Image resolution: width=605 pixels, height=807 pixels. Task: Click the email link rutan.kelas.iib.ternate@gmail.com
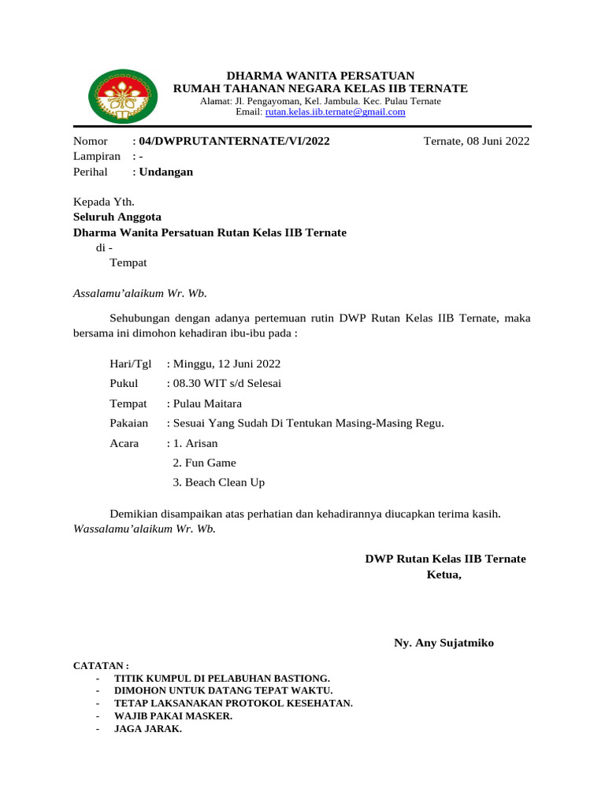(335, 112)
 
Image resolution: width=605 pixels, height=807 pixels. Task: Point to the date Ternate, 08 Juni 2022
(476, 141)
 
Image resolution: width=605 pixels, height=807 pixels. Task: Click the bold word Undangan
(165, 171)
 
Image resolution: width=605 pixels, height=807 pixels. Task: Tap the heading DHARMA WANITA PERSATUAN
(320, 75)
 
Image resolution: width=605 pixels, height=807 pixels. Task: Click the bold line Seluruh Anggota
(117, 217)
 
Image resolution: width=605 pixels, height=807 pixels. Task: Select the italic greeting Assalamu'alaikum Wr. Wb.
(139, 292)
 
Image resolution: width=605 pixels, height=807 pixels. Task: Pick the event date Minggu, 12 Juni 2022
(226, 363)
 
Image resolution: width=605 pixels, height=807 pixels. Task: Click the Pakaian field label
(128, 423)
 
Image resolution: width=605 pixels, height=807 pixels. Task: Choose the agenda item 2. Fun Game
(204, 463)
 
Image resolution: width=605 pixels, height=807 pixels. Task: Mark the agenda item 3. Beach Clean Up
(218, 482)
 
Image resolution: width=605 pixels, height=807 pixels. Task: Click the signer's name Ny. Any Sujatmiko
(444, 642)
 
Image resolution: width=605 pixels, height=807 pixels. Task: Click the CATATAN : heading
(101, 666)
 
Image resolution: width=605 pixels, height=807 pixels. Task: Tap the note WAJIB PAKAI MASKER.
(173, 716)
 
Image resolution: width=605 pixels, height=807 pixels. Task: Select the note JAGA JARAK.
(148, 728)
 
